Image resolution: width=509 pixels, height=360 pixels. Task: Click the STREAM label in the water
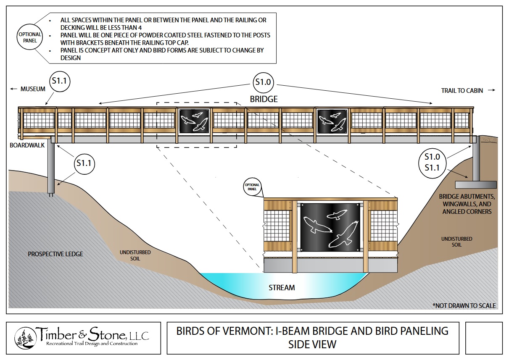[x=282, y=288]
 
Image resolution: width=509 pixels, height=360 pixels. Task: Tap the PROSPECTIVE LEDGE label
[x=55, y=254]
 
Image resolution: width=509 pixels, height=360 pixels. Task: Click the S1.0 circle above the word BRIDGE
[x=263, y=82]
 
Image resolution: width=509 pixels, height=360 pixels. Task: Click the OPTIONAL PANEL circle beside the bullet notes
[x=30, y=38]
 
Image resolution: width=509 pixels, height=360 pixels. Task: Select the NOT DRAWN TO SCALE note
[x=464, y=306]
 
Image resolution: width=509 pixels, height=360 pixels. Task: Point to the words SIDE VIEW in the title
[x=312, y=344]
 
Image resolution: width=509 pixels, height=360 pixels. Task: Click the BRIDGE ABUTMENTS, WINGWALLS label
[x=467, y=204]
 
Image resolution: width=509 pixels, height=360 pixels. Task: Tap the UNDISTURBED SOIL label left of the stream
[x=135, y=255]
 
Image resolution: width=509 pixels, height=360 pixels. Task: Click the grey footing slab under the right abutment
[x=475, y=184]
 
